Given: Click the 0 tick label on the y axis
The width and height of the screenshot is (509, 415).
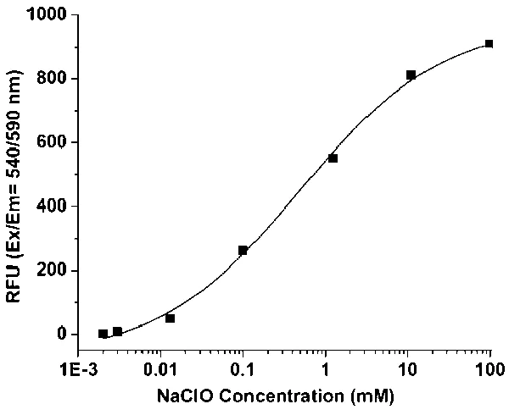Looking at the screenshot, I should coord(60,335).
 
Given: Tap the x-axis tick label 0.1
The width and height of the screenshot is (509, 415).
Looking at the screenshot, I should coord(243,369).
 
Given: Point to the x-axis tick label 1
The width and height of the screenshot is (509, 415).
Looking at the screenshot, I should coord(325,369).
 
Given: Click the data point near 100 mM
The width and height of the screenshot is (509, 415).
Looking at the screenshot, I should coord(489,43).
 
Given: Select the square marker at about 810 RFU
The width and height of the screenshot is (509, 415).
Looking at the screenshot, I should coord(411,75).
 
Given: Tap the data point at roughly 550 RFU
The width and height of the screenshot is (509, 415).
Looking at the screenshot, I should coord(333,158).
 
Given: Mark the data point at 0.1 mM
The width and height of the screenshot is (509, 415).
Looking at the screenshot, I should coord(243,251).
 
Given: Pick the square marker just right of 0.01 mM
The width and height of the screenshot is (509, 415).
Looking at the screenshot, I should coord(170,318).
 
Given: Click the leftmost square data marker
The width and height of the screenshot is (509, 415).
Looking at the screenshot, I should coord(103,334).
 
